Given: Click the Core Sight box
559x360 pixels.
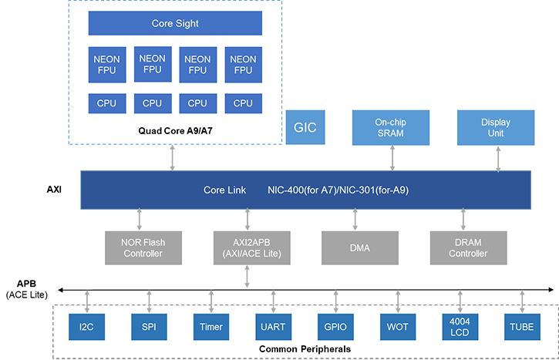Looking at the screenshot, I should pyautogui.click(x=175, y=24).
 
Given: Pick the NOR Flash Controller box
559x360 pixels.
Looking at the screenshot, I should pyautogui.click(x=144, y=247).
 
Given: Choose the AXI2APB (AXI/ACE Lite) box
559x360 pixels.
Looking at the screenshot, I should pyautogui.click(x=248, y=247).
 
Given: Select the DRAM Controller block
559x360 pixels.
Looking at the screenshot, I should pyautogui.click(x=469, y=247).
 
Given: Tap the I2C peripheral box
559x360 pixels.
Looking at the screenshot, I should pyautogui.click(x=87, y=326).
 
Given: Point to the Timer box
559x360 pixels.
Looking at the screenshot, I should pyautogui.click(x=210, y=326).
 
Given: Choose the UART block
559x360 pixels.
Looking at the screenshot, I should pyautogui.click(x=272, y=326).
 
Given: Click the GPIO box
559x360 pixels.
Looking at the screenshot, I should pyautogui.click(x=335, y=326).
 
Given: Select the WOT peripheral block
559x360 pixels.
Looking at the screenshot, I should pyautogui.click(x=399, y=326).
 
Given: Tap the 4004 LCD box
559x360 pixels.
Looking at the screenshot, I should pyautogui.click(x=459, y=326).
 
